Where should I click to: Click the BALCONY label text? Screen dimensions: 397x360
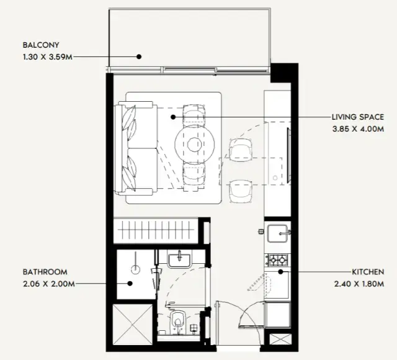point(41,45)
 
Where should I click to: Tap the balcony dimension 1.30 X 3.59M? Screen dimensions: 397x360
point(48,57)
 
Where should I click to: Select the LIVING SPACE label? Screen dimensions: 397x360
point(358,117)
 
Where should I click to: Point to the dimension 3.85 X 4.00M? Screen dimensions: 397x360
point(358,129)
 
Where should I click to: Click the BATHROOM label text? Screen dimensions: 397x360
point(45,272)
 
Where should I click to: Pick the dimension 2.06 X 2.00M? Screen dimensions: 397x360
point(49,284)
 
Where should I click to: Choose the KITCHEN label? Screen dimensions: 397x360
point(368,272)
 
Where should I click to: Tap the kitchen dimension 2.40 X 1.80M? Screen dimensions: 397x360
point(359,284)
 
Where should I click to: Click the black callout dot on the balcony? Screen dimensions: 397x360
point(139,56)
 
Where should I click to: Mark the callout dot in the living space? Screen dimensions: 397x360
point(173,117)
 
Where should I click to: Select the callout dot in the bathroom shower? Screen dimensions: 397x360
point(130,284)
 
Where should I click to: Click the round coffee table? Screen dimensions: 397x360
point(194,145)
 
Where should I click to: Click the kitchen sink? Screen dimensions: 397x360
point(278,233)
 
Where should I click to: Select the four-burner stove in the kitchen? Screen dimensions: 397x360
point(278,260)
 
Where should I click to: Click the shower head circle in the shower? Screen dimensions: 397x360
point(136,269)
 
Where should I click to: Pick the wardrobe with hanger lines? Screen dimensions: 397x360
point(156,230)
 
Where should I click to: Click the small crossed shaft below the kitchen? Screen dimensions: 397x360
point(280,339)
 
